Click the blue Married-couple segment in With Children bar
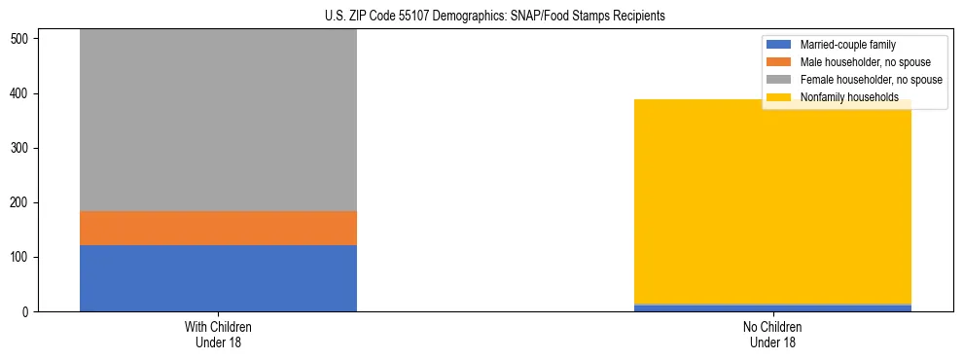(218, 278)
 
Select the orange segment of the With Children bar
(218, 228)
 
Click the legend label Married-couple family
(847, 45)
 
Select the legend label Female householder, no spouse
(871, 80)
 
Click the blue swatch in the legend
(779, 45)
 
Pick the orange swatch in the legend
(779, 62)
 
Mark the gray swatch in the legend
(779, 80)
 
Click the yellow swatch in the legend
(779, 97)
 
